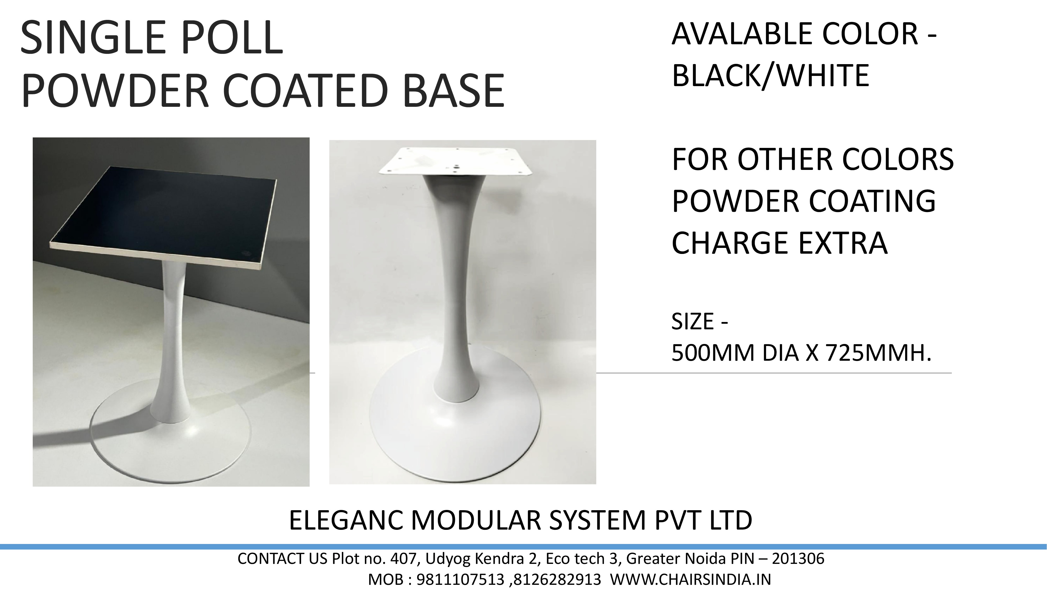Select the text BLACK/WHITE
coord(770,76)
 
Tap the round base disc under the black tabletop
coord(171,451)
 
